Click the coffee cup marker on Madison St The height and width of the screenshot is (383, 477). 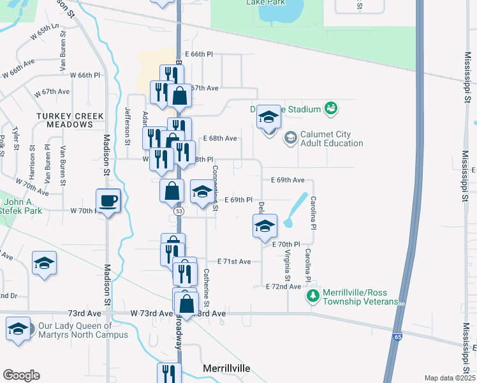coord(108,201)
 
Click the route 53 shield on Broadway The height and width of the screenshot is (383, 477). coord(178,211)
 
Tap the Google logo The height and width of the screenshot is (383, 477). coord(21,375)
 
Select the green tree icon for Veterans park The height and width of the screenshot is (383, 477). coord(312,296)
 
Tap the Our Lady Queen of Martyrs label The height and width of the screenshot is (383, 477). coord(83,330)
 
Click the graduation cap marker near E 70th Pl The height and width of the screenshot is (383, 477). coord(265,226)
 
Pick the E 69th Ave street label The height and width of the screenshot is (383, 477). coord(288,181)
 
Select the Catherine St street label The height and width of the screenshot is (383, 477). coord(207,285)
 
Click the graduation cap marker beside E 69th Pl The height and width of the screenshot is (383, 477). coord(202,192)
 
